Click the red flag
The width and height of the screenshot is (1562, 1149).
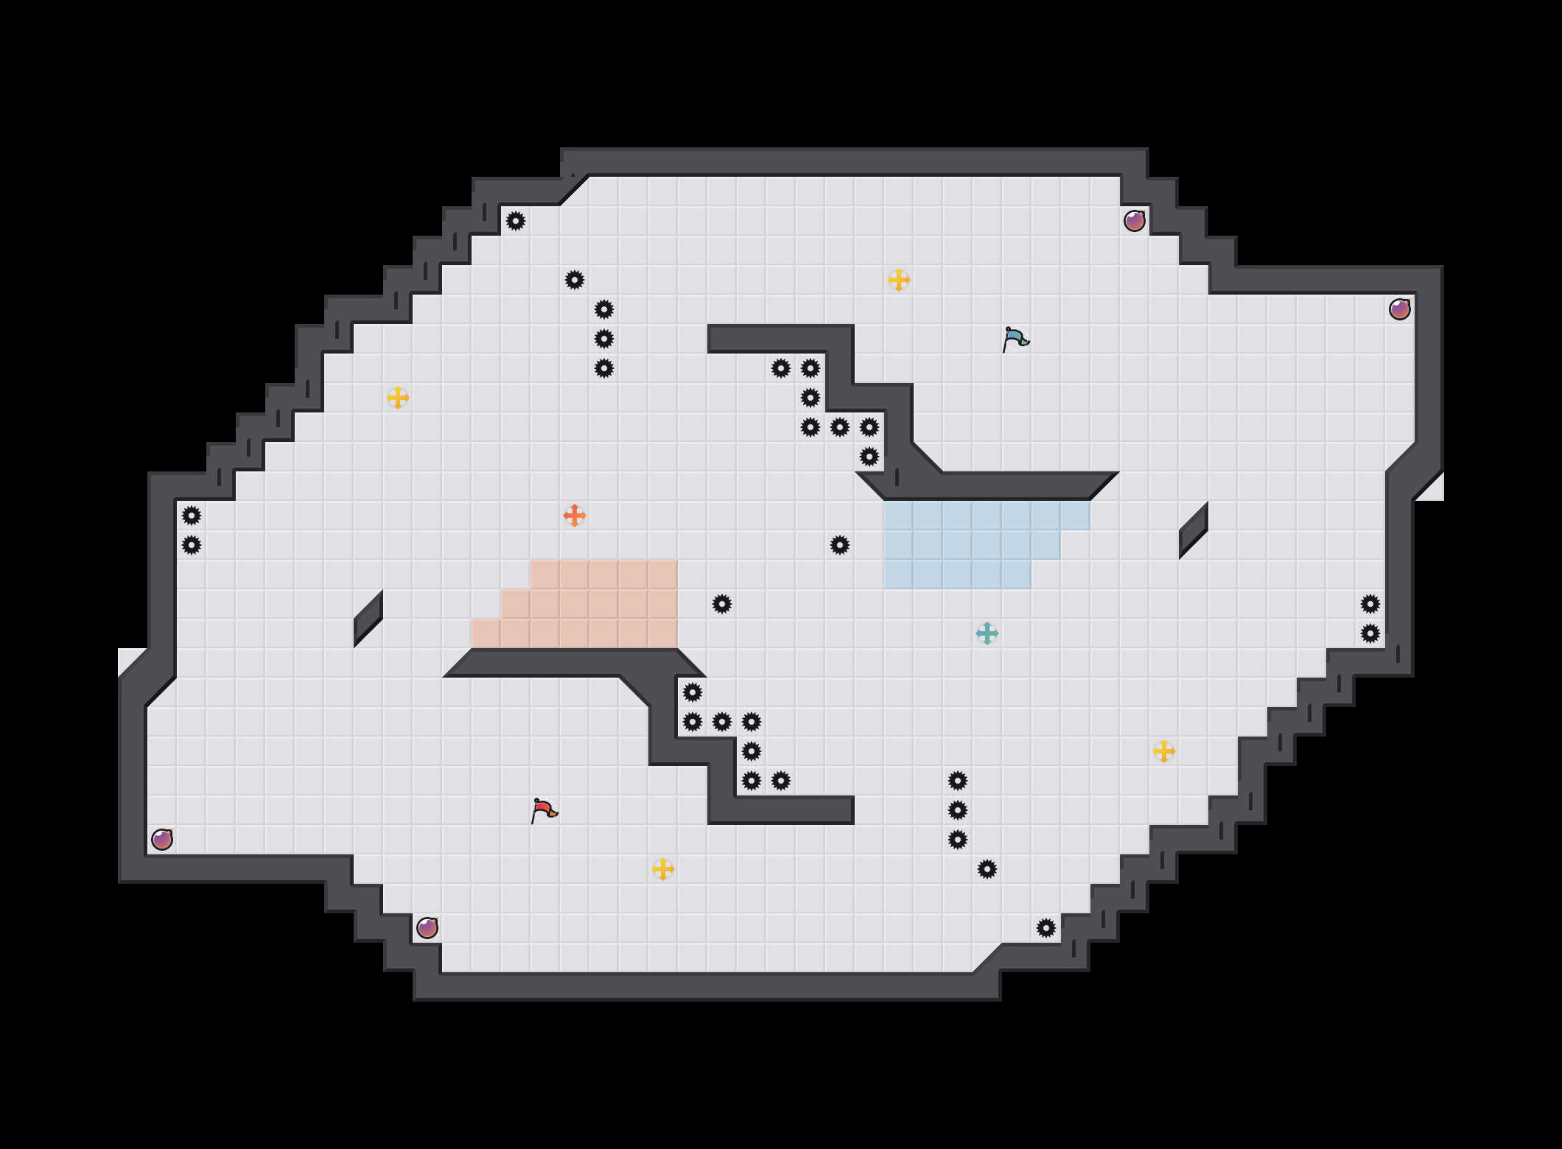click(544, 810)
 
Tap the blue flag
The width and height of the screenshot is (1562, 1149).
click(1015, 339)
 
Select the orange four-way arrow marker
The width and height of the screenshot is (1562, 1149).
click(575, 516)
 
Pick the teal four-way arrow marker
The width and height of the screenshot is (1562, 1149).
click(987, 633)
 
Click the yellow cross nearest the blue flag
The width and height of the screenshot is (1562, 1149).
click(899, 280)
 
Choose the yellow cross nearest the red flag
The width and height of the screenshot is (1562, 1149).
click(663, 869)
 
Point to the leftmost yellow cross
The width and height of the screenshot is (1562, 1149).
click(398, 398)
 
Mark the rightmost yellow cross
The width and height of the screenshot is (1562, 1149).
click(1164, 751)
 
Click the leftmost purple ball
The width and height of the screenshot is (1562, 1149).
click(162, 840)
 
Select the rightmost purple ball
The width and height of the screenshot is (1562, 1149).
click(1400, 309)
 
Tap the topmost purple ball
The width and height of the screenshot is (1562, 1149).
click(1135, 221)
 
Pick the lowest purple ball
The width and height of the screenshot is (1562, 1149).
click(427, 928)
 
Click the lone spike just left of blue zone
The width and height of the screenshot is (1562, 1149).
click(840, 545)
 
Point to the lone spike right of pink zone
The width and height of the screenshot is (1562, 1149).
click(722, 604)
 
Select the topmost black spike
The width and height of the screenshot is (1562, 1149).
click(516, 221)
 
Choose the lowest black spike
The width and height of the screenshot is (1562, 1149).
click(1046, 928)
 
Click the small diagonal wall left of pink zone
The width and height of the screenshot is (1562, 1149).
click(368, 619)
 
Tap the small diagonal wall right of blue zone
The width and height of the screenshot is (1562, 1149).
click(1194, 530)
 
